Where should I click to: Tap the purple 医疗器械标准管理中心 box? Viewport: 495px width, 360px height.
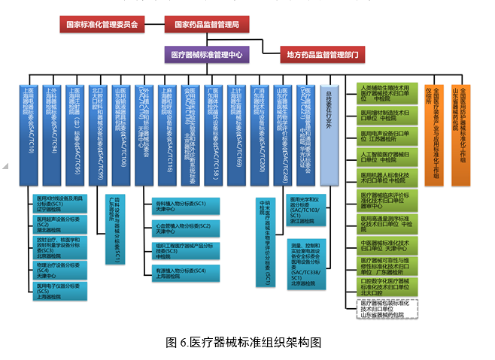coord(207,55)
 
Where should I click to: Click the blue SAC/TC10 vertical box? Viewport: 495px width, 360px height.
coord(29,135)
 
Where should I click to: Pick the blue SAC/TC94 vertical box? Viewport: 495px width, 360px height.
coord(53,135)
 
